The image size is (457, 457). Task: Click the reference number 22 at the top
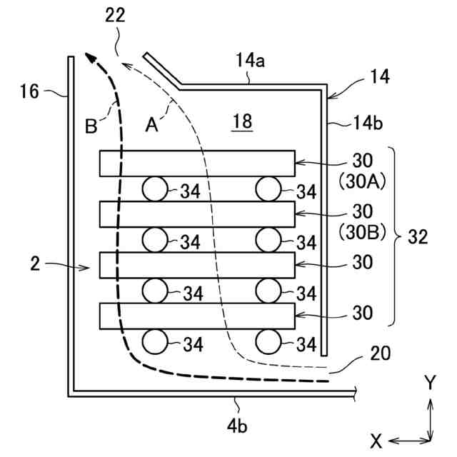tap(115, 17)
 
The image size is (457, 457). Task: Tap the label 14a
tap(249, 62)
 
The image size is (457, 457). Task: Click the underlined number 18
tap(242, 122)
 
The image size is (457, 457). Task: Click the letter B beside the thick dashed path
tap(91, 127)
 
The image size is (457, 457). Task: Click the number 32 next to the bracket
tap(417, 237)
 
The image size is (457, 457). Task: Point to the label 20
tap(380, 353)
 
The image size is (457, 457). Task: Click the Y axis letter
tap(429, 383)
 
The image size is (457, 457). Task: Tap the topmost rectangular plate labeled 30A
tap(197, 163)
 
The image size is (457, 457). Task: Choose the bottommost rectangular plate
tap(197, 315)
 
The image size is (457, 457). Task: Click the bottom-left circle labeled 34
tap(155, 342)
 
